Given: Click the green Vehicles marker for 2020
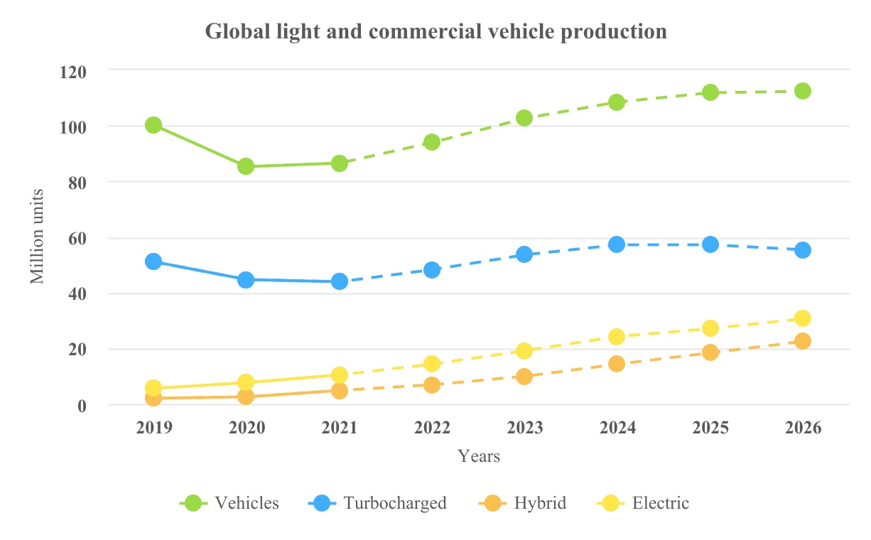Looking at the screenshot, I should coord(246,166).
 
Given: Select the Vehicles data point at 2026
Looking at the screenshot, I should coord(803,91).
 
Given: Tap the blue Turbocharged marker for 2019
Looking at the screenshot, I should coord(153,261).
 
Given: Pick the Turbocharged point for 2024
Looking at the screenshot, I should coord(617,244).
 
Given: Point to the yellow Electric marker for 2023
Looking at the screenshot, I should coord(524,350).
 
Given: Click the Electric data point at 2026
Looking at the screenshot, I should coord(803,318).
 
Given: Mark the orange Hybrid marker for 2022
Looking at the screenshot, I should coord(432,385).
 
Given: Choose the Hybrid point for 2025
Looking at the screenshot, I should coord(710,352).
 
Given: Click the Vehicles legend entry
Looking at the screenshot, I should coord(229,503).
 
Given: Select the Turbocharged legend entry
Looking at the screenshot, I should coord(377,503).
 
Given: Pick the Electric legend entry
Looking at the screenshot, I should coord(643,503).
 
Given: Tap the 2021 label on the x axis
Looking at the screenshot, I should coord(340,428).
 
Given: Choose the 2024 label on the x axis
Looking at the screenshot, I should coord(617,428).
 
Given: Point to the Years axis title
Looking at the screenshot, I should coord(479,456).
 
